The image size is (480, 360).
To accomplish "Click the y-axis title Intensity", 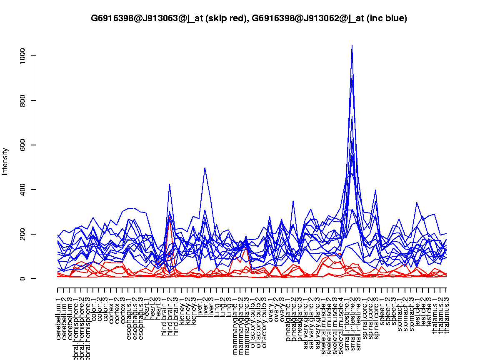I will (x=5, y=161).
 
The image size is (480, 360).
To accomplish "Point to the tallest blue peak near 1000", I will (x=352, y=46).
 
